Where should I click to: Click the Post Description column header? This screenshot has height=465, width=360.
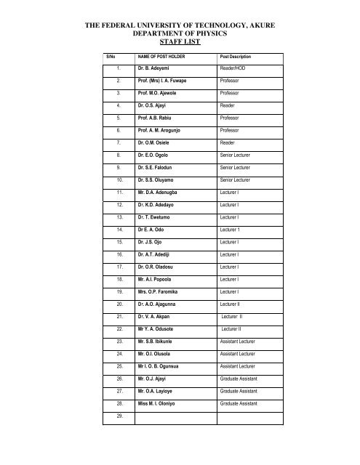240,56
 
